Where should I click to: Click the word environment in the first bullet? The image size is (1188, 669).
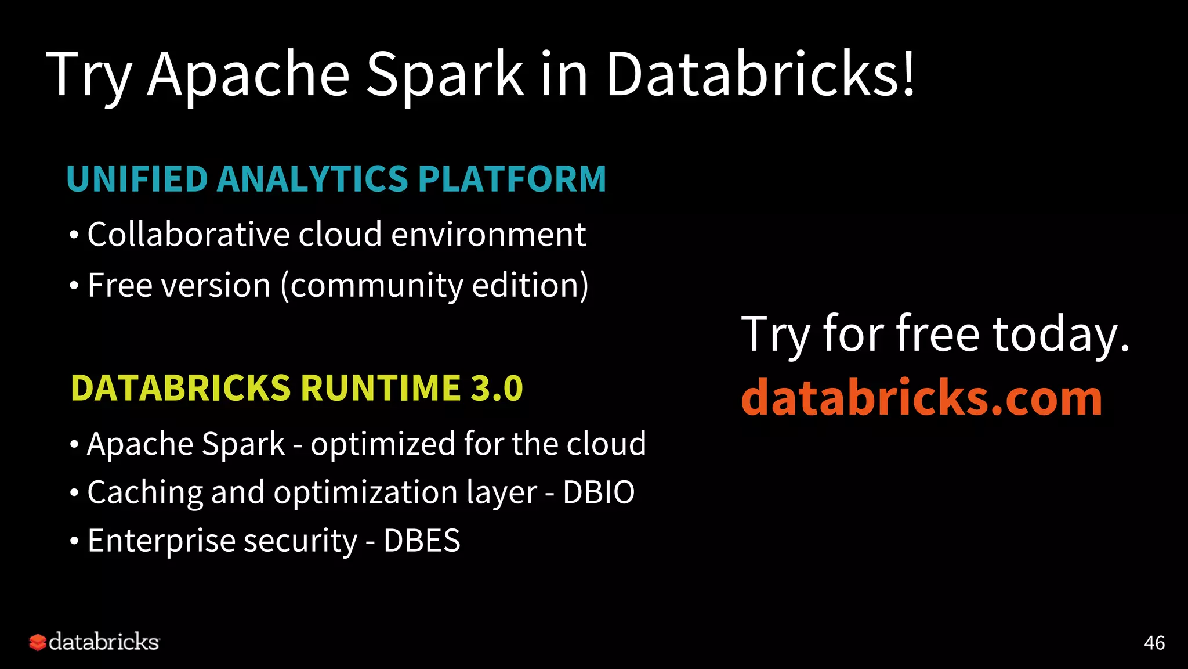pyautogui.click(x=488, y=235)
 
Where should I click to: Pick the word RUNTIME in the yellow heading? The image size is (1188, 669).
pyautogui.click(x=381, y=388)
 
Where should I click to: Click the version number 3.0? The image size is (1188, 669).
pyautogui.click(x=497, y=388)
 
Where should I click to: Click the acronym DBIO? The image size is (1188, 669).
pyautogui.click(x=599, y=492)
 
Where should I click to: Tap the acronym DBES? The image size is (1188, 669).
pyautogui.click(x=422, y=541)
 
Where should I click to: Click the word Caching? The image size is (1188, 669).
pyautogui.click(x=144, y=493)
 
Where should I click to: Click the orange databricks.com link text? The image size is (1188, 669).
pyautogui.click(x=921, y=398)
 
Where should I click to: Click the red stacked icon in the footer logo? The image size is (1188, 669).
pyautogui.click(x=38, y=642)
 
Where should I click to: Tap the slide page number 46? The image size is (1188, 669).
pyautogui.click(x=1154, y=643)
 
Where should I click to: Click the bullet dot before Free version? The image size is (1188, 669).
pyautogui.click(x=74, y=286)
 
